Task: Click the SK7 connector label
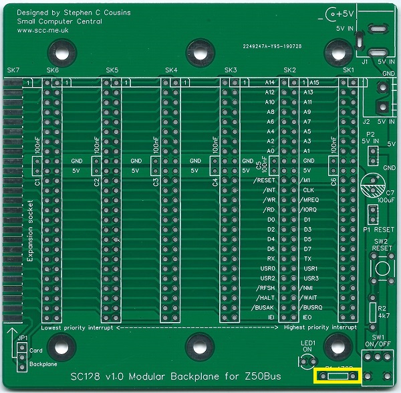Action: point(13,70)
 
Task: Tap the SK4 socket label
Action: point(171,70)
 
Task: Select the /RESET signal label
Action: point(265,181)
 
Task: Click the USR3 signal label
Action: point(310,277)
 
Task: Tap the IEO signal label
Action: point(307,315)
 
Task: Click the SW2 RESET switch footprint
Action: point(382,268)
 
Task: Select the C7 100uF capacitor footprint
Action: point(372,183)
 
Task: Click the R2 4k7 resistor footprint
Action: point(373,310)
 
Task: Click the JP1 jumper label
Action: point(22,338)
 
